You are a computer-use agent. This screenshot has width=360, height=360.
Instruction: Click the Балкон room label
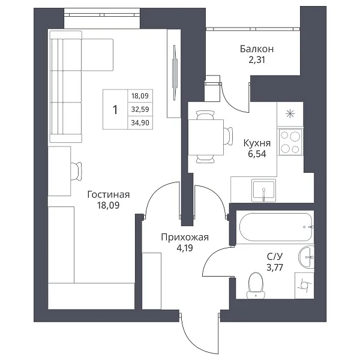pyautogui.click(x=257, y=49)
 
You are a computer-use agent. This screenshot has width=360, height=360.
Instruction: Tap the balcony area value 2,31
pyautogui.click(x=257, y=60)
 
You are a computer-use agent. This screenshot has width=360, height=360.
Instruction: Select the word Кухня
pyautogui.click(x=257, y=143)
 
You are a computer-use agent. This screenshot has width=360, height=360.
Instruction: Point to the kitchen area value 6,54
pyautogui.click(x=257, y=154)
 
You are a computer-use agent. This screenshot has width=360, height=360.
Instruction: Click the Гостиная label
pyautogui.click(x=109, y=194)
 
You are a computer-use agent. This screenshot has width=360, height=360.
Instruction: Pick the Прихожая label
pyautogui.click(x=185, y=237)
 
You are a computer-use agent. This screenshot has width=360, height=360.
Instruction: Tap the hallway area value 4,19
pyautogui.click(x=184, y=248)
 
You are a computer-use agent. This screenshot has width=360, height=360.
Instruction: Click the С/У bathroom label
pyautogui.click(x=275, y=256)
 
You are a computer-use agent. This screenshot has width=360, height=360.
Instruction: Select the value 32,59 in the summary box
pyautogui.click(x=140, y=109)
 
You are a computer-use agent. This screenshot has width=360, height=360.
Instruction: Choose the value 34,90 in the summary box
pyautogui.click(x=140, y=123)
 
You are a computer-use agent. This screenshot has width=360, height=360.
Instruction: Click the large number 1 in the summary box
pyautogui.click(x=115, y=110)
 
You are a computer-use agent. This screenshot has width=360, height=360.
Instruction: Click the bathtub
pyautogui.click(x=276, y=227)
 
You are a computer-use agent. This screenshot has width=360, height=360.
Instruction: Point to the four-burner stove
pyautogui.click(x=290, y=142)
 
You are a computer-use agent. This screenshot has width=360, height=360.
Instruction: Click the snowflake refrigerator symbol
pyautogui.click(x=290, y=114)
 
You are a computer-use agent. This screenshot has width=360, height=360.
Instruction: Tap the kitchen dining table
pyautogui.click(x=206, y=137)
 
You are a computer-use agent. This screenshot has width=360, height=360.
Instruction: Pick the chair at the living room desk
pyautogui.click(x=76, y=171)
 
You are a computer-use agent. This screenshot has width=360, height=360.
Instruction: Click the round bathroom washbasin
pyautogui.click(x=306, y=257)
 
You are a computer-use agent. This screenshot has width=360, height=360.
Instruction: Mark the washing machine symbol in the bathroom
pyautogui.click(x=304, y=286)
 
